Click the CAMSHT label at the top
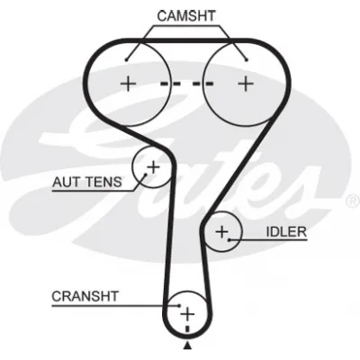click(x=186, y=16)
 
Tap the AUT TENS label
click(x=87, y=182)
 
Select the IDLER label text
click(x=286, y=231)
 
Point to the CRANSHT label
click(x=85, y=296)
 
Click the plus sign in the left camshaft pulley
click(x=128, y=84)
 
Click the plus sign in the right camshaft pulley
click(x=246, y=84)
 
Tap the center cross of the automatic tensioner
click(x=153, y=166)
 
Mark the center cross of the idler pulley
click(x=222, y=231)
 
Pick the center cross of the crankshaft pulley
click(x=187, y=314)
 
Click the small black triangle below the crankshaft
click(x=187, y=346)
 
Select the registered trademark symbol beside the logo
click(x=353, y=201)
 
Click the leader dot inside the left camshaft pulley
click(x=127, y=60)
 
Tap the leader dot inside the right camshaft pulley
click(x=247, y=60)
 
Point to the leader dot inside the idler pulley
click(x=229, y=239)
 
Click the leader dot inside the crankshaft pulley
click(x=179, y=306)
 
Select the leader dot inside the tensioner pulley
click(x=146, y=175)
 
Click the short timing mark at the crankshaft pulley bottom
click(x=188, y=328)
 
